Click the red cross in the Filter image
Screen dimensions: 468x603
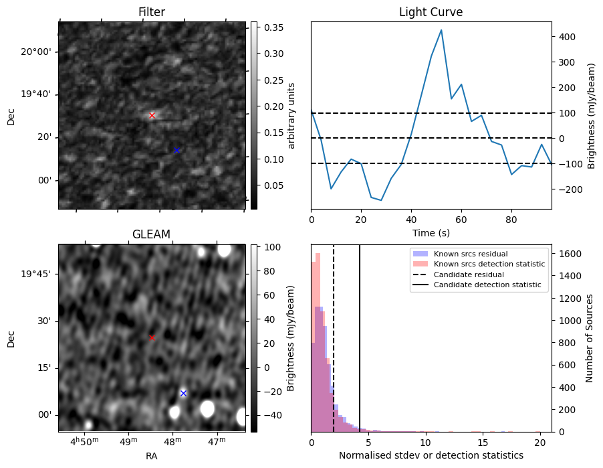pos(152,115)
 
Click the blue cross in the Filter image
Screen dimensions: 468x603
pos(177,151)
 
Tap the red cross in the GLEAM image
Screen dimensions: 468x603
pos(152,337)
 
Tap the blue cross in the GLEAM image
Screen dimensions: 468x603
pos(183,393)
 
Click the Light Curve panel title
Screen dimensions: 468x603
pos(431,12)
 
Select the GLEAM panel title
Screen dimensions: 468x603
pos(152,234)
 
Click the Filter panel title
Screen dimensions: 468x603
pos(152,12)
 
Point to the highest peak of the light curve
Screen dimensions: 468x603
pos(441,30)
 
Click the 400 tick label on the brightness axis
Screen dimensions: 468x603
pos(566,37)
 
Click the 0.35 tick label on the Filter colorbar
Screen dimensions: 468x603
pos(270,27)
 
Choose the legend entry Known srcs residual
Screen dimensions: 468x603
pos(470,254)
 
